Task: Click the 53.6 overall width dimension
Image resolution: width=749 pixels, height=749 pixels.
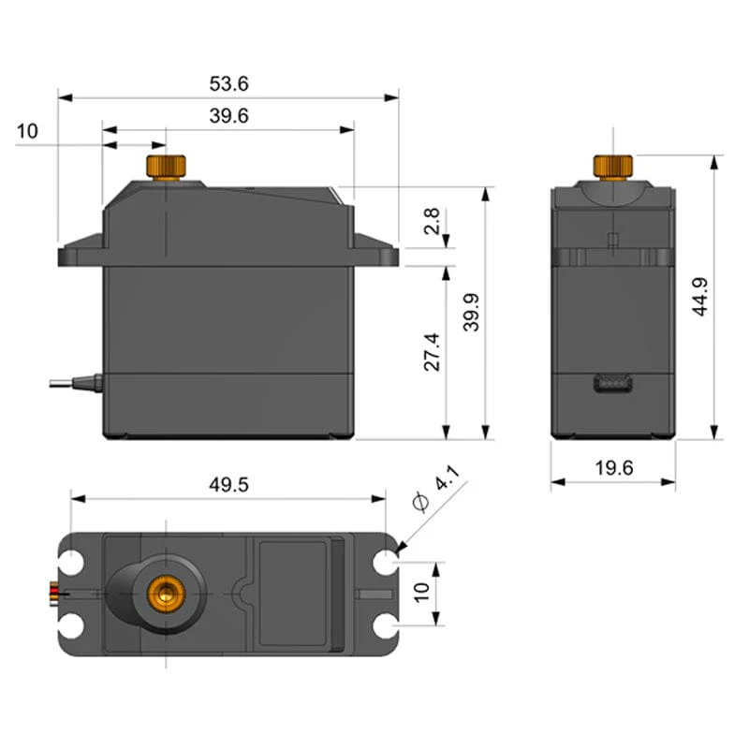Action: point(228,83)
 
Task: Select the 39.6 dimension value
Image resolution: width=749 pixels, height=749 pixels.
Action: point(228,115)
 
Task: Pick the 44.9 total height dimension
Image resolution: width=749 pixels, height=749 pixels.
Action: point(700,298)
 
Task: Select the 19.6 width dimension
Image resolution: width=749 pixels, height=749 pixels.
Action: point(613,467)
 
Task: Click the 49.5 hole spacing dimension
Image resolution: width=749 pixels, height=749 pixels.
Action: point(228,484)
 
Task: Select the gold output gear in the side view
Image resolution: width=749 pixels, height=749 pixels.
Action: point(613,166)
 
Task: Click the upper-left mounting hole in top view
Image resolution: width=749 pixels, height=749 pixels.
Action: point(73,564)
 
